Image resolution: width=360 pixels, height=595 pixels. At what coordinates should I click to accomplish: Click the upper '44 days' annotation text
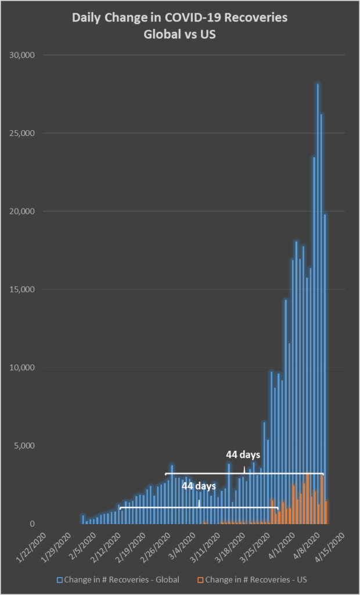coord(243,454)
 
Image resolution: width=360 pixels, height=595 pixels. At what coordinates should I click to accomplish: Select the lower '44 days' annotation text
coord(198,485)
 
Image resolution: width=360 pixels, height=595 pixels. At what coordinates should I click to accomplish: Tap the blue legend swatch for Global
coord(60,579)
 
